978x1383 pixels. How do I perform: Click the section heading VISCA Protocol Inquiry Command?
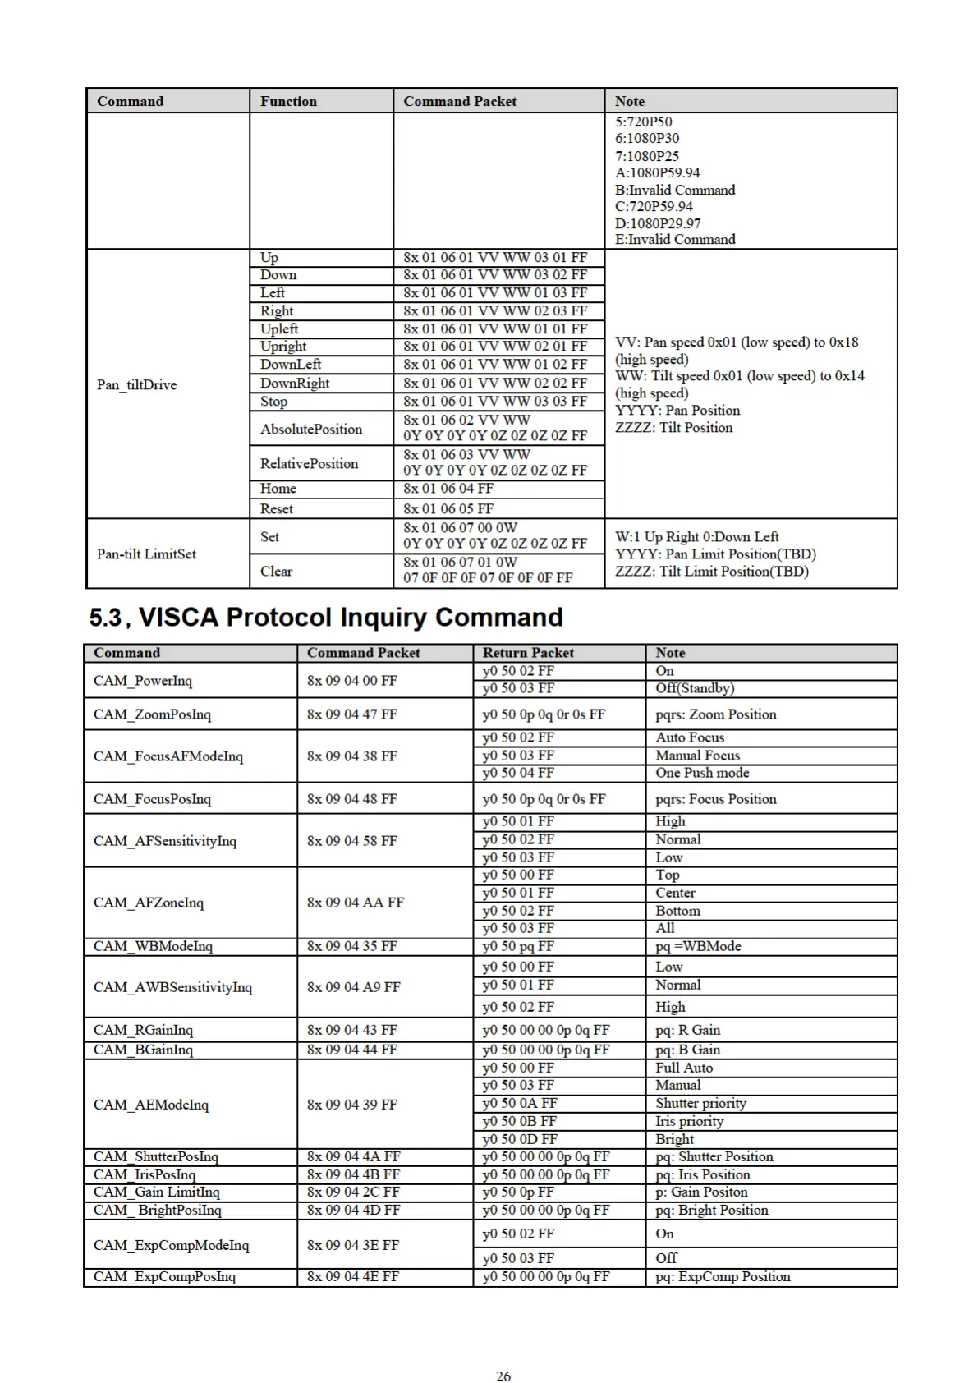point(326,618)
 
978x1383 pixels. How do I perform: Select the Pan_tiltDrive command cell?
point(136,384)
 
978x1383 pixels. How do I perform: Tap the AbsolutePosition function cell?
point(310,429)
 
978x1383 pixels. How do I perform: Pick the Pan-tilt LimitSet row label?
point(146,554)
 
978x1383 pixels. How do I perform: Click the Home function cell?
point(278,488)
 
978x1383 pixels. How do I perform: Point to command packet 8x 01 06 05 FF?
point(448,508)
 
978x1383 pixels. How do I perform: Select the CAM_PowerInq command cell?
point(142,680)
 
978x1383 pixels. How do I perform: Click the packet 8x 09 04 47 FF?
point(351,714)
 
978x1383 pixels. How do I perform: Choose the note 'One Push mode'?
point(701,773)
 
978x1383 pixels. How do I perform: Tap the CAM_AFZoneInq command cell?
point(148,902)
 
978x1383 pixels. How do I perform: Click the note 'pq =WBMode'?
point(698,946)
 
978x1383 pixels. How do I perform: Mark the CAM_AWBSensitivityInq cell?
point(172,986)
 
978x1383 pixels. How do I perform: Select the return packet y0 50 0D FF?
point(519,1139)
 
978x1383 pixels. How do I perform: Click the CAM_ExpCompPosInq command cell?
point(164,1276)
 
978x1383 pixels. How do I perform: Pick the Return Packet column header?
point(528,653)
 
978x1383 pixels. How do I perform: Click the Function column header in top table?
point(288,101)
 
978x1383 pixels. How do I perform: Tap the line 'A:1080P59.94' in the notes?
point(657,172)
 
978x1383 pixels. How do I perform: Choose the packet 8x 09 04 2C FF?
point(353,1192)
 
